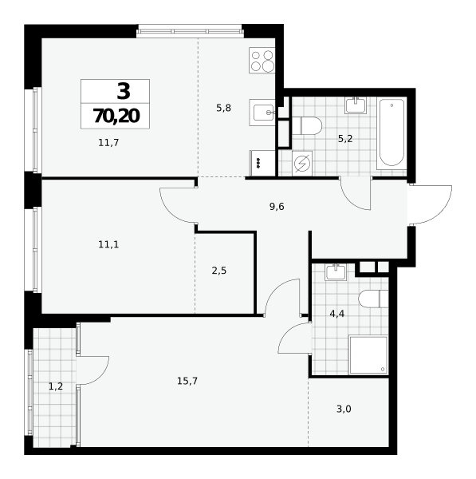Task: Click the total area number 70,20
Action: pyautogui.click(x=116, y=116)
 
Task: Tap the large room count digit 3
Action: pyautogui.click(x=124, y=91)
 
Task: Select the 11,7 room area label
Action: pyautogui.click(x=108, y=143)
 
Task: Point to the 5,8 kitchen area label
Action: pyautogui.click(x=224, y=108)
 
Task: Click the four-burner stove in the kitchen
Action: pyautogui.click(x=262, y=60)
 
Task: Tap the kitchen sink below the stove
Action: pyautogui.click(x=262, y=113)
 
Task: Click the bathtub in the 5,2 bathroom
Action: pyautogui.click(x=391, y=134)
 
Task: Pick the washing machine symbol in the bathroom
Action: pyautogui.click(x=302, y=164)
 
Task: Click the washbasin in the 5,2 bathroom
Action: pyautogui.click(x=356, y=105)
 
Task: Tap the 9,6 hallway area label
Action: pyautogui.click(x=277, y=207)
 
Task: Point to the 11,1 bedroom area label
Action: pyautogui.click(x=108, y=244)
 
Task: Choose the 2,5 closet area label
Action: pyautogui.click(x=219, y=271)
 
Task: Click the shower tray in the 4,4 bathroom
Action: pyautogui.click(x=368, y=354)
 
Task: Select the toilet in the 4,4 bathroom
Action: pyautogui.click(x=374, y=299)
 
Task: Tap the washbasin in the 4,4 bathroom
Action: pyautogui.click(x=336, y=272)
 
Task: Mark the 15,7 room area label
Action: pyautogui.click(x=187, y=381)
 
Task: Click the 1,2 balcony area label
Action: pyautogui.click(x=56, y=386)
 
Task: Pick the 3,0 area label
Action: pyautogui.click(x=344, y=409)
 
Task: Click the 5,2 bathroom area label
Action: pyautogui.click(x=345, y=139)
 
